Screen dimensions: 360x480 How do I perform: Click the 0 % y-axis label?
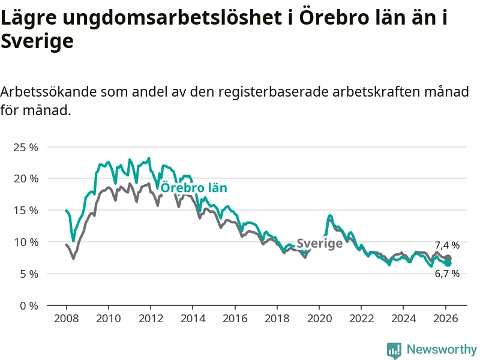click(28, 305)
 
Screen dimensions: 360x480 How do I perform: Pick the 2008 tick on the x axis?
click(65, 318)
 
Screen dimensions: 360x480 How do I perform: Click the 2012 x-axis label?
click(150, 318)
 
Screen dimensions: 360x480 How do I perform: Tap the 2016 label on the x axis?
click(235, 318)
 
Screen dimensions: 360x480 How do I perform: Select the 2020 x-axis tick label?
click(319, 318)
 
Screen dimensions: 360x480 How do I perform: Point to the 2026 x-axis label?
click(446, 318)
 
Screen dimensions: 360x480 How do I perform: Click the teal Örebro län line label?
click(194, 188)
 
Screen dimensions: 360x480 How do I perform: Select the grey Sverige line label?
click(320, 243)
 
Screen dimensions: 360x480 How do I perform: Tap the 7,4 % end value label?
click(447, 245)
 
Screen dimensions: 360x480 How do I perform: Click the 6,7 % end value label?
click(447, 274)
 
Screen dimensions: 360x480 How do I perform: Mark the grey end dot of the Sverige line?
click(448, 258)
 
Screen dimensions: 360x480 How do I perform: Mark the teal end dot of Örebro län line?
click(448, 263)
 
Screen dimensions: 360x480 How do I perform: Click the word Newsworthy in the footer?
click(442, 349)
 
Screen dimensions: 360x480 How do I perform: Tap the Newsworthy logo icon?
click(394, 350)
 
